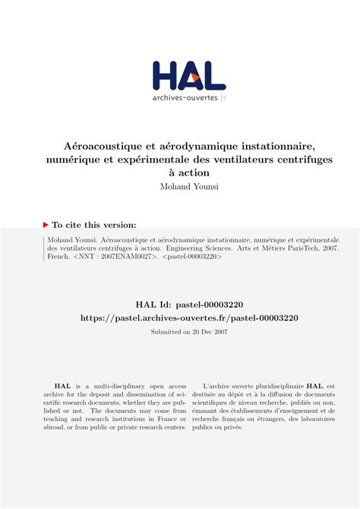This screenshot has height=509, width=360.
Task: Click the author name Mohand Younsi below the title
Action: pyautogui.click(x=180, y=187)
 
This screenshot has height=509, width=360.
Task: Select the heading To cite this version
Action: pyautogui.click(x=94, y=225)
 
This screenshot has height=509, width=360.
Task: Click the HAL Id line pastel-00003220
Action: pyautogui.click(x=180, y=304)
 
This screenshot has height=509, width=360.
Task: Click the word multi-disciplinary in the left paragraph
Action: pyautogui.click(x=123, y=386)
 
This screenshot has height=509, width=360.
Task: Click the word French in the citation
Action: pyautogui.click(x=58, y=257)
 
